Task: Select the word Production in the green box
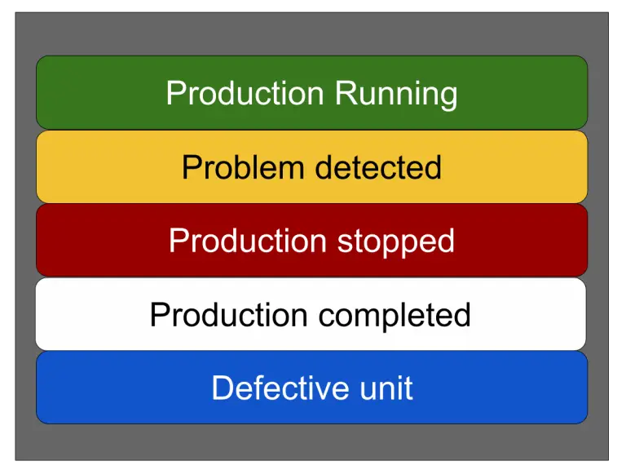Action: tap(246, 93)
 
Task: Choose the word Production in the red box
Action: tap(248, 241)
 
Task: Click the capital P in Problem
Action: tap(191, 167)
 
